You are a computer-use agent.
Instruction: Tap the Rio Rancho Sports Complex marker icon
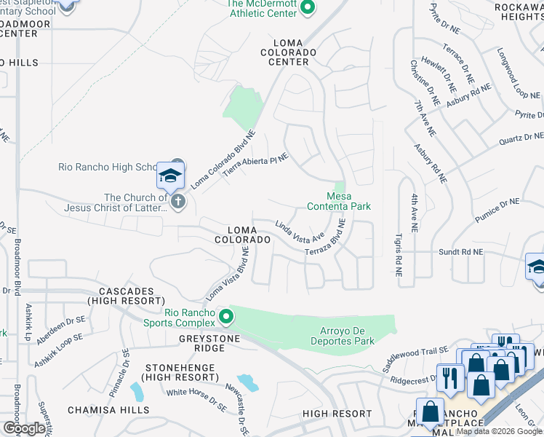226,317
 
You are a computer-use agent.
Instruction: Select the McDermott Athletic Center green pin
308,7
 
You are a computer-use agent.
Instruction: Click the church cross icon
178,202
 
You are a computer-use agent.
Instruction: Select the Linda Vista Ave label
299,230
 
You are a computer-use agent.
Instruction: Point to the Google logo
24,428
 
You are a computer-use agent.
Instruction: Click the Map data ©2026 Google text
499,431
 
